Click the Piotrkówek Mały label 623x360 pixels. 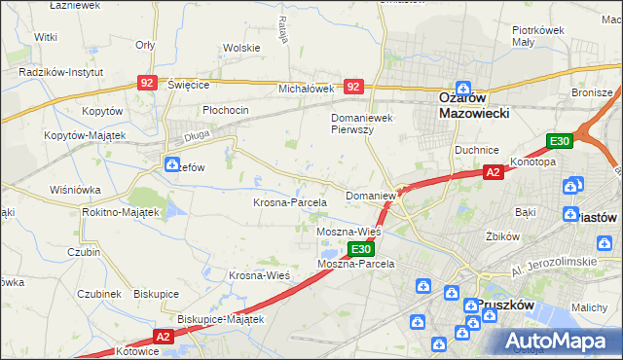click(x=539, y=36)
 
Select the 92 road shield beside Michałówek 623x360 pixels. click(x=353, y=87)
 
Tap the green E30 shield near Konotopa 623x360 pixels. click(x=559, y=141)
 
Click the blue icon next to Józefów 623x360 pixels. click(x=172, y=164)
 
